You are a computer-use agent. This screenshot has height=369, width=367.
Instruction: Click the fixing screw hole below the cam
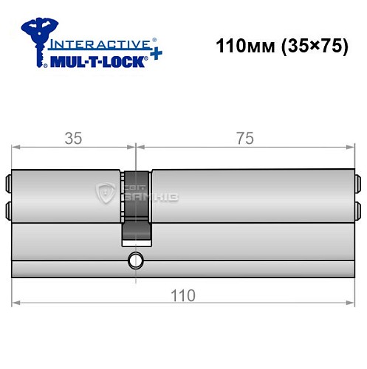point(135,261)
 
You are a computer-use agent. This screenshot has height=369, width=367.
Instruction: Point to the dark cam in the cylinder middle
point(137,207)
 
